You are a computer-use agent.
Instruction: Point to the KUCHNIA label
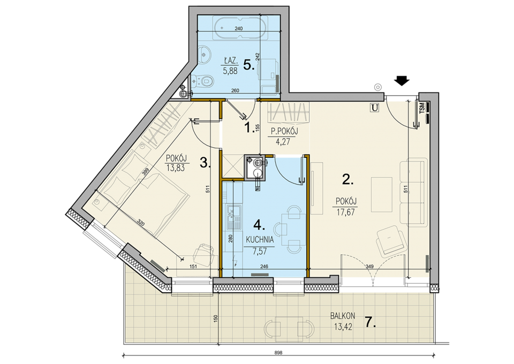click(260, 240)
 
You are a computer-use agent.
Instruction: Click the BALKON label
click(343, 316)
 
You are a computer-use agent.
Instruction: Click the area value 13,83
click(176, 169)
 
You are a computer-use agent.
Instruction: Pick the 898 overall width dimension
click(278, 353)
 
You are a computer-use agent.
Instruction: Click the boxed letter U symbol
click(374, 107)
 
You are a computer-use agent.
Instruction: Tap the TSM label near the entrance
click(422, 107)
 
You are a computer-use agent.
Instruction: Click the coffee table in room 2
click(382, 195)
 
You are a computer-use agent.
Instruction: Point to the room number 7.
click(370, 323)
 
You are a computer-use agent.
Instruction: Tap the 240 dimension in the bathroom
click(239, 28)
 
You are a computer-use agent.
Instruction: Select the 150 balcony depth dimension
click(215, 319)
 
